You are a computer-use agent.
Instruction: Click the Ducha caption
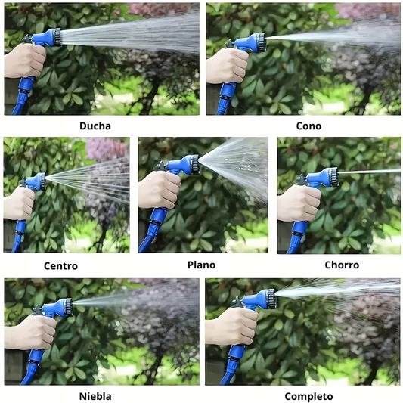point(95,126)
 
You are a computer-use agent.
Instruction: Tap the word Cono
point(308,126)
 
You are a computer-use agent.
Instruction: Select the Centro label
point(60,266)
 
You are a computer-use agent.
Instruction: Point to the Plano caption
point(201,265)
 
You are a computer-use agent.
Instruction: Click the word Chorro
point(342,265)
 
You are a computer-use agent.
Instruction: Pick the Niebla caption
point(95,396)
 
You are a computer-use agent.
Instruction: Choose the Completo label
point(308,397)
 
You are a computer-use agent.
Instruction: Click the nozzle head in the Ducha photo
point(56,37)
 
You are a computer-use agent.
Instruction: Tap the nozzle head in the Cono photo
point(260,42)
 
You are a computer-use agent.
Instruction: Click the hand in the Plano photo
point(159,189)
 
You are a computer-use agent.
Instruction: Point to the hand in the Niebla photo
point(31,332)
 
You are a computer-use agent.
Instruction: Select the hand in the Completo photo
point(233,326)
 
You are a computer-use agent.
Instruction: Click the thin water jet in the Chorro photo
point(370,172)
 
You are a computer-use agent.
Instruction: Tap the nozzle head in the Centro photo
point(41,181)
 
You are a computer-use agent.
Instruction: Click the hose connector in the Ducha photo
point(25,90)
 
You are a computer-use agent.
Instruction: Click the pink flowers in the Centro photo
point(106,149)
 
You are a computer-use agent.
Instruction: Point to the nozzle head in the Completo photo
point(271,299)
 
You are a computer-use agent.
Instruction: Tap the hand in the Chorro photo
point(299,203)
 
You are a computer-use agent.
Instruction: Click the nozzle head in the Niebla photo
point(67,308)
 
